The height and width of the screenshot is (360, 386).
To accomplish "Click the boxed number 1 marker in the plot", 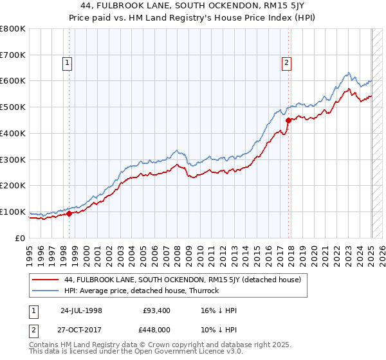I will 68,62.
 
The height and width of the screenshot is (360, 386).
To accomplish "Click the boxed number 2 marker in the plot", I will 286,62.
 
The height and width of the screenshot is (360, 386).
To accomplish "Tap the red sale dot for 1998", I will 69,213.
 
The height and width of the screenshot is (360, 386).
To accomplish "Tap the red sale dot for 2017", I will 288,120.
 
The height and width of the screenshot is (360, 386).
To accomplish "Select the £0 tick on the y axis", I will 19,238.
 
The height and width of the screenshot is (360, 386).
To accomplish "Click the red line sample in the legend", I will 45,280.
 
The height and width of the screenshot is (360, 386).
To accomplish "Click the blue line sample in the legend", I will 45,291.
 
